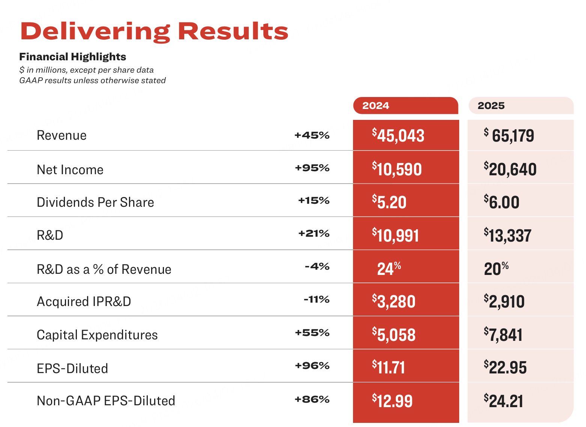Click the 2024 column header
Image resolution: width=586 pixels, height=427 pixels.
pyautogui.click(x=376, y=106)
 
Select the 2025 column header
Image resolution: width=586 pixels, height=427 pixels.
pyautogui.click(x=491, y=106)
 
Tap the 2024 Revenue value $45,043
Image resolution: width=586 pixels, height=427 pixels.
pyautogui.click(x=398, y=136)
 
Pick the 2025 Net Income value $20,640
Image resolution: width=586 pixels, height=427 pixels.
pyautogui.click(x=510, y=169)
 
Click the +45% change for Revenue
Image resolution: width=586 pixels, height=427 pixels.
pyautogui.click(x=312, y=135)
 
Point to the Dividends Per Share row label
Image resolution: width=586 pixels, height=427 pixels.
pyautogui.click(x=95, y=202)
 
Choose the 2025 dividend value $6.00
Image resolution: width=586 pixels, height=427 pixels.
pyautogui.click(x=502, y=202)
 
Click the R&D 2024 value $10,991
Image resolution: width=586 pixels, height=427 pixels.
pyautogui.click(x=395, y=236)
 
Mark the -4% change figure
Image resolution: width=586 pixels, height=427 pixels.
pyautogui.click(x=317, y=267)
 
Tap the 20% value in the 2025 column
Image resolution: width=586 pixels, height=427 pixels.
pyautogui.click(x=496, y=269)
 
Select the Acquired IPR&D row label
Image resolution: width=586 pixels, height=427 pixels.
pyautogui.click(x=84, y=302)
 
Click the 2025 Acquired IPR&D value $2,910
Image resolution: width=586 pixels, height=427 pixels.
pyautogui.click(x=504, y=302)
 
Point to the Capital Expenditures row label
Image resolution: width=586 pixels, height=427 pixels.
pyautogui.click(x=97, y=335)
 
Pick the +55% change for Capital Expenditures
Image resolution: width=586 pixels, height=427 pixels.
pyautogui.click(x=312, y=333)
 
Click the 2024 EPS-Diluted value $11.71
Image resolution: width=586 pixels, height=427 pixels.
pyautogui.click(x=389, y=367)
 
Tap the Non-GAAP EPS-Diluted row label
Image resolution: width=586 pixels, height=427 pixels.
pyautogui.click(x=106, y=401)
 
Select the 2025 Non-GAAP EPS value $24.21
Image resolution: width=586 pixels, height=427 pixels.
pyautogui.click(x=503, y=401)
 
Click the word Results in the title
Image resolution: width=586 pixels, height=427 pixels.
pyautogui.click(x=233, y=31)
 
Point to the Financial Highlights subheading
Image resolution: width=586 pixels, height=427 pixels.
pyautogui.click(x=72, y=57)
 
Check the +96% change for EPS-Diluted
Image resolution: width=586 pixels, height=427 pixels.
pyautogui.click(x=312, y=366)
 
